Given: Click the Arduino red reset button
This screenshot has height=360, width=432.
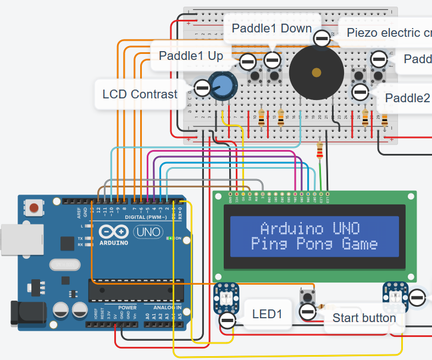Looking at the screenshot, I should pyautogui.click(x=35, y=208).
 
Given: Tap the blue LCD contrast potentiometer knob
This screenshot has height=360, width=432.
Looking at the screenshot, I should pyautogui.click(x=222, y=85).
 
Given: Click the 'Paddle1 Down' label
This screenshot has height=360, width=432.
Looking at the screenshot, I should pyautogui.click(x=272, y=28).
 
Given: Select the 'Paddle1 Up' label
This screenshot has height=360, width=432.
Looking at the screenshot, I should pyautogui.click(x=191, y=56).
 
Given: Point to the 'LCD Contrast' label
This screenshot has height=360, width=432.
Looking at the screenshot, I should pyautogui.click(x=140, y=94).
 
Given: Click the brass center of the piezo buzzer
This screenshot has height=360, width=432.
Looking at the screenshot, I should pyautogui.click(x=316, y=73).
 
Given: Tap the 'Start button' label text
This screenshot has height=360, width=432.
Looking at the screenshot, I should pyautogui.click(x=364, y=318).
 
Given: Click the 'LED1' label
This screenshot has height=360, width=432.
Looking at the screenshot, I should pyautogui.click(x=267, y=314).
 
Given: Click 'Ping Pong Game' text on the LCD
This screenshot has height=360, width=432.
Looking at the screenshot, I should pyautogui.click(x=314, y=243).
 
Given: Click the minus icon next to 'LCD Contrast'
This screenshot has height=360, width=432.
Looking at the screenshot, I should pyautogui.click(x=202, y=87).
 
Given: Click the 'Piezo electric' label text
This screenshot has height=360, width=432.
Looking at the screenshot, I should pyautogui.click(x=388, y=32).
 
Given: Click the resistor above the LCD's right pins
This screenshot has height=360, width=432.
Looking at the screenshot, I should pyautogui.click(x=320, y=150).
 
